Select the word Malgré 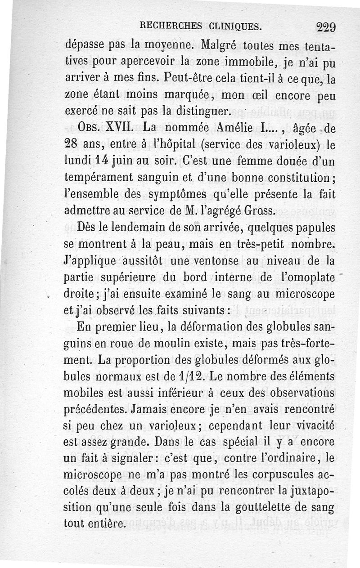(x=223, y=45)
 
